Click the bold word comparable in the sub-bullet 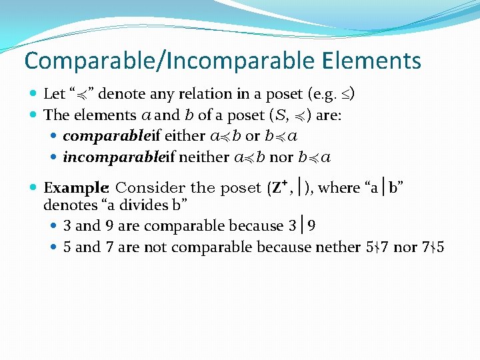(x=107, y=137)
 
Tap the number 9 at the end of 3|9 (x=312, y=226)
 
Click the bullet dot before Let (x=34, y=94)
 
